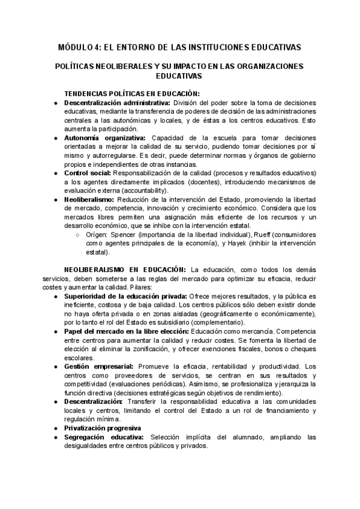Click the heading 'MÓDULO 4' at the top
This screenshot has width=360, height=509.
click(83, 46)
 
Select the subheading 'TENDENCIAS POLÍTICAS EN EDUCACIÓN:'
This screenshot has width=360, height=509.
click(131, 93)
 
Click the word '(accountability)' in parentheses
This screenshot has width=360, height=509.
click(140, 190)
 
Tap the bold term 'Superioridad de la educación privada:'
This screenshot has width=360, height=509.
click(125, 296)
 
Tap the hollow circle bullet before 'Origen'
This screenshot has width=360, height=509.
click(79, 235)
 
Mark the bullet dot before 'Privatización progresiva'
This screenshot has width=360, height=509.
click(55, 428)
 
